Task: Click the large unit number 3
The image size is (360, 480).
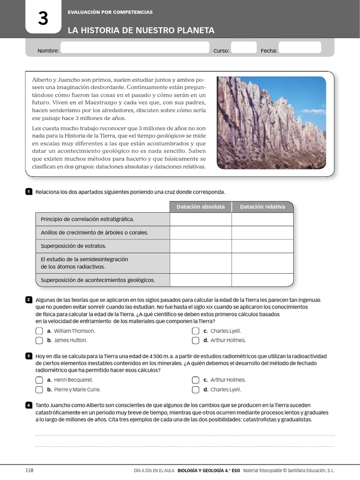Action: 43,19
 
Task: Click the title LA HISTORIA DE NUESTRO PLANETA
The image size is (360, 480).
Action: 141,30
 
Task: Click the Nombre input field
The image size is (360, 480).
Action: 135,48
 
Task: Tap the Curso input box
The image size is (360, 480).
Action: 244,48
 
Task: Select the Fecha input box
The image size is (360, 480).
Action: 300,48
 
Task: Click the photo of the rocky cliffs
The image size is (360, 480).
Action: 271,123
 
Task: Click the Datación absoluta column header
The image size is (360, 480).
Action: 201,207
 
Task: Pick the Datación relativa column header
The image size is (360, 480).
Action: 262,207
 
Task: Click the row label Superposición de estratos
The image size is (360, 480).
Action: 74,246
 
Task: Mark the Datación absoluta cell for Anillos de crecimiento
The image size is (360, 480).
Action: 201,232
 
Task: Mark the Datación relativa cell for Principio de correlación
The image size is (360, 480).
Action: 262,219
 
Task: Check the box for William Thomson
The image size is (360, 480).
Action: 39,331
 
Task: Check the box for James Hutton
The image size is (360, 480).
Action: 39,340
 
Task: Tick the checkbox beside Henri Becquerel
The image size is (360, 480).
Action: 39,380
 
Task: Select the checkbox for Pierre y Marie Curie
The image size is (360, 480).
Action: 39,390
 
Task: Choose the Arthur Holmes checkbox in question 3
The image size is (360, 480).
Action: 195,380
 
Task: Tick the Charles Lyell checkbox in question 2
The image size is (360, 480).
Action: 195,331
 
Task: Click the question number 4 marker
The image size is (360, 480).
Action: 29,405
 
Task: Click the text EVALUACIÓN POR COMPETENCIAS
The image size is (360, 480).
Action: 110,12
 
